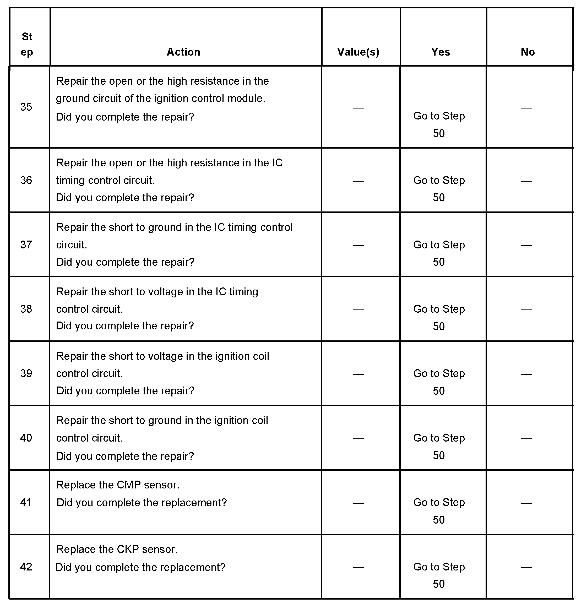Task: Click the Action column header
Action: click(x=183, y=52)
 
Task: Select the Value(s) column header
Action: click(x=358, y=52)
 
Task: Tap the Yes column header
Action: click(x=440, y=52)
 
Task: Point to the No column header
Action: click(x=528, y=52)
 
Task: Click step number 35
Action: click(x=26, y=107)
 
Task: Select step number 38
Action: click(x=26, y=309)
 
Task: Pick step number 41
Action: click(x=26, y=502)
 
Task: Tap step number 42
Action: click(x=26, y=567)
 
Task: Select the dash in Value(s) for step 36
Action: click(x=358, y=181)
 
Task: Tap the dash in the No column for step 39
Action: click(x=526, y=374)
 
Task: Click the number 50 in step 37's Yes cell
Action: click(x=439, y=262)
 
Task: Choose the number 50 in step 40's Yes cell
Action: click(x=439, y=455)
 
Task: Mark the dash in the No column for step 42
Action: click(x=526, y=567)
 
